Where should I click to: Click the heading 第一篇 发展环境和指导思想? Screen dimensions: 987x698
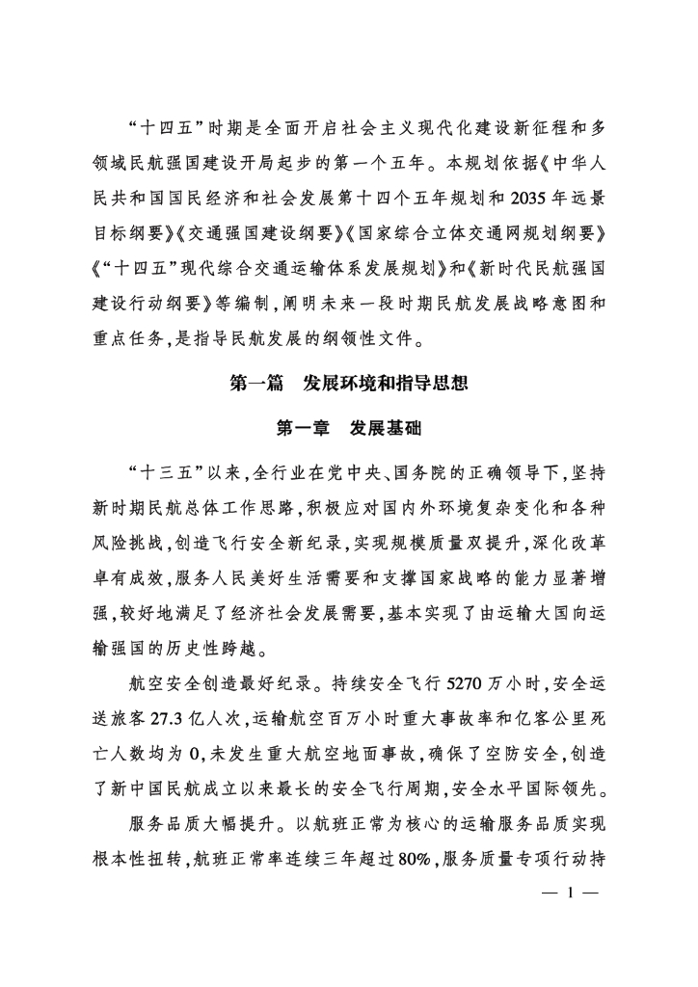(x=349, y=384)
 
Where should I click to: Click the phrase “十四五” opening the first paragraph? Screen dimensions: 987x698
(x=163, y=127)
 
